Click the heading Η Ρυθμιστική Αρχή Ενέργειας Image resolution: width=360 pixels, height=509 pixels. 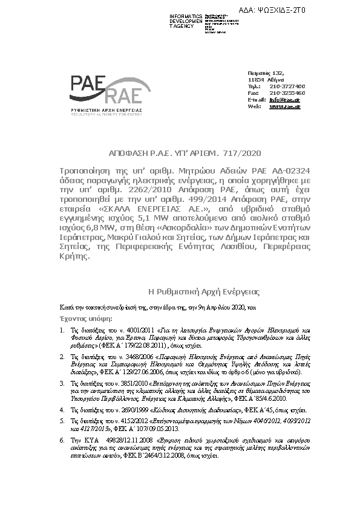(204, 292)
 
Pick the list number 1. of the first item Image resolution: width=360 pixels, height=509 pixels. (63, 330)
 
